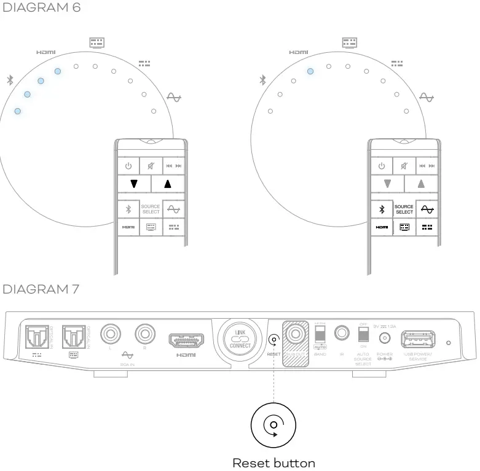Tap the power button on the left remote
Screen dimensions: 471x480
[128, 166]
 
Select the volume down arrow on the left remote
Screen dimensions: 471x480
[134, 184]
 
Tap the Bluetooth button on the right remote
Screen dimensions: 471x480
[381, 209]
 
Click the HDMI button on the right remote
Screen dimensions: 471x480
[381, 227]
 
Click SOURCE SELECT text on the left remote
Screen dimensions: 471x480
[151, 209]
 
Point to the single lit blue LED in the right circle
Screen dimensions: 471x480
[310, 71]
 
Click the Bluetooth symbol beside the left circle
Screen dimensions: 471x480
[9, 80]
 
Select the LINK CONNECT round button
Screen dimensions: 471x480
[240, 338]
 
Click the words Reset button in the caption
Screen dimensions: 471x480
[273, 463]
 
